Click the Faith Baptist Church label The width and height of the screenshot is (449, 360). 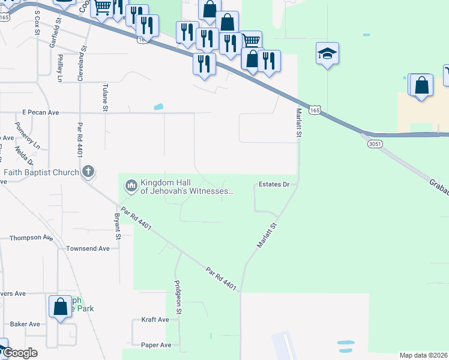pyautogui.click(x=41, y=173)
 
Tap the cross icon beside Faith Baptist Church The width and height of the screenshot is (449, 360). pyautogui.click(x=88, y=172)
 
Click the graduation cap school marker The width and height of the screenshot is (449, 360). pyautogui.click(x=327, y=54)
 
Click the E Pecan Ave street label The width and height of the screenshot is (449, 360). pyautogui.click(x=41, y=112)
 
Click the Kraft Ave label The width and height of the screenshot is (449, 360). pyautogui.click(x=155, y=320)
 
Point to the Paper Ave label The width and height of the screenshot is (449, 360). pyautogui.click(x=156, y=345)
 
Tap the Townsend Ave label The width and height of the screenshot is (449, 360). pyautogui.click(x=88, y=248)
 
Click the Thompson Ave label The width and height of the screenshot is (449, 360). pyautogui.click(x=31, y=238)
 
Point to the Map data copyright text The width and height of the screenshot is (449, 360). pyautogui.click(x=424, y=355)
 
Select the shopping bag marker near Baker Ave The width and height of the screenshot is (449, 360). pyautogui.click(x=60, y=307)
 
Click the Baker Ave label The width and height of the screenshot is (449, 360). pyautogui.click(x=25, y=324)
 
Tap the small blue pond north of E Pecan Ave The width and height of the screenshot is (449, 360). pyautogui.click(x=158, y=107)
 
